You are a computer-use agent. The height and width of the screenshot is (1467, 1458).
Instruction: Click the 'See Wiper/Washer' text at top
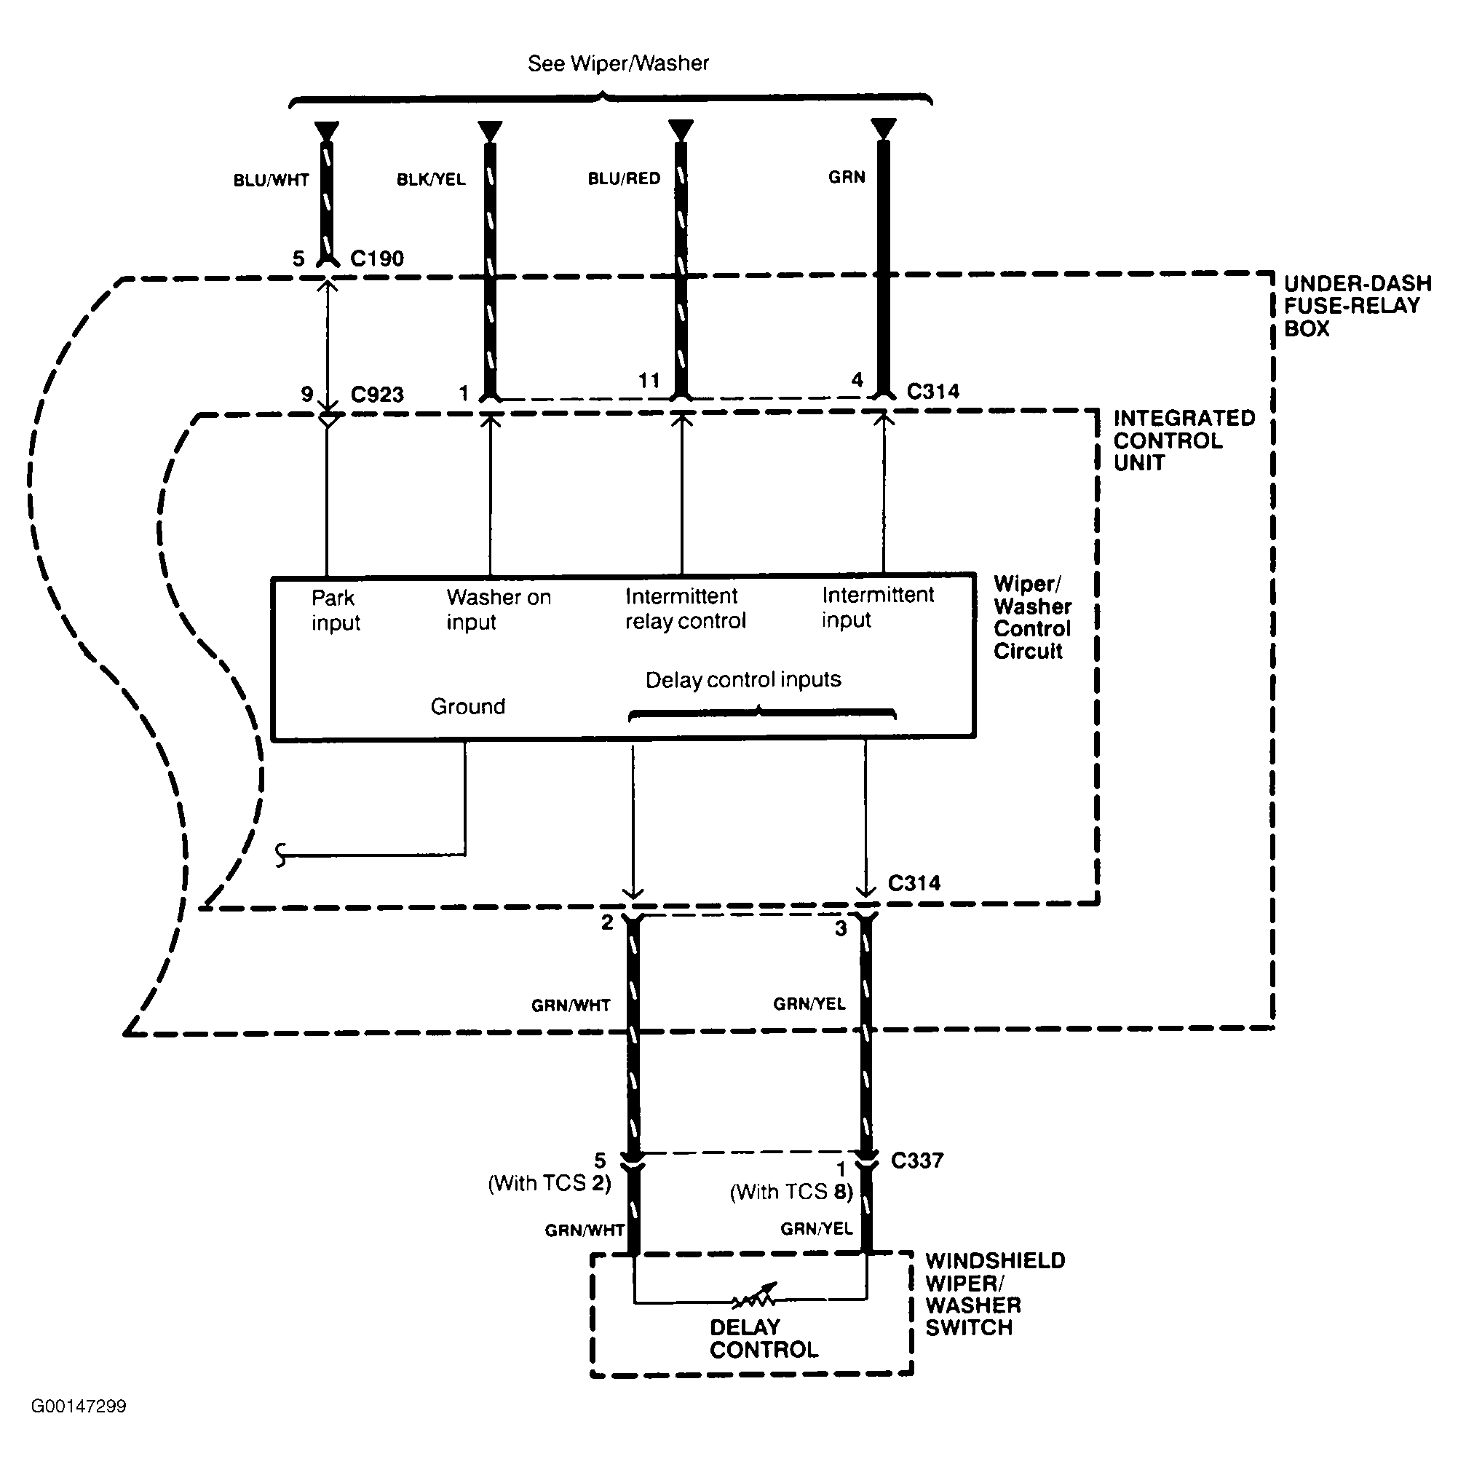pos(618,63)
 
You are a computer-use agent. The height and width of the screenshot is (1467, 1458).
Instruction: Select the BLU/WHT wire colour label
pos(271,180)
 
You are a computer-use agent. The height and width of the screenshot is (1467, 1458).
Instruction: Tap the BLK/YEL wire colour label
pos(431,179)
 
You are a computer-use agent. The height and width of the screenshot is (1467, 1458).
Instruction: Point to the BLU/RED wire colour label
pos(625,178)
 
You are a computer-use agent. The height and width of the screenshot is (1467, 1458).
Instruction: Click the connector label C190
pos(376,258)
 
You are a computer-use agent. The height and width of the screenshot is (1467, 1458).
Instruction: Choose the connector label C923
pos(376,394)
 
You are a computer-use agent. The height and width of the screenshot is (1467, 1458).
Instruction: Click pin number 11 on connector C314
pos(649,381)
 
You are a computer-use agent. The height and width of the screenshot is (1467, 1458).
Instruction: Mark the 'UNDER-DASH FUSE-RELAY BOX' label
pos(1357,306)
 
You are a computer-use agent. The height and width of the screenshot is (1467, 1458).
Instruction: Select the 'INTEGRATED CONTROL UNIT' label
pos(1183,440)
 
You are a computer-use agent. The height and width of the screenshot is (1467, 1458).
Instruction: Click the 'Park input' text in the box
pos(335,609)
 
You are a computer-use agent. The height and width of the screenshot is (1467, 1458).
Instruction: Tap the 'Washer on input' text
pos(498,609)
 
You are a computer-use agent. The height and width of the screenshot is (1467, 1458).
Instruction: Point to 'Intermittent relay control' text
pos(685,608)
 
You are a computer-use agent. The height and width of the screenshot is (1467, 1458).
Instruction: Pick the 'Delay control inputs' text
pos(742,679)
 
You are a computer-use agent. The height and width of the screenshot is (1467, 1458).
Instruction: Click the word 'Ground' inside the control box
pos(468,706)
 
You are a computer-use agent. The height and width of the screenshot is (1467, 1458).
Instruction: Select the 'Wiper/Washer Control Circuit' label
pos(1032,617)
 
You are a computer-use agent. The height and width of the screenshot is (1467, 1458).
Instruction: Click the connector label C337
pos(916,1160)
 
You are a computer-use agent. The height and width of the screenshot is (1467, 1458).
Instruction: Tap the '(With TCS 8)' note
pos(791,1191)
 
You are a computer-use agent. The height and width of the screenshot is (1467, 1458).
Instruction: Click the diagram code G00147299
pos(78,1407)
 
